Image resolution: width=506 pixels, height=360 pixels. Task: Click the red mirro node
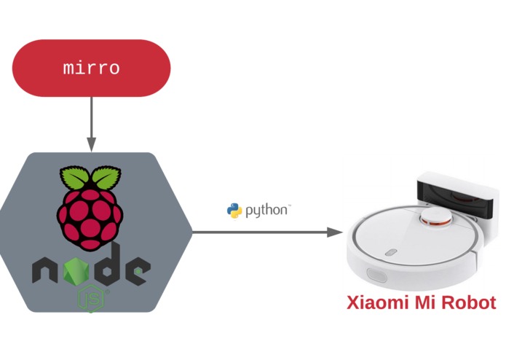[91, 68]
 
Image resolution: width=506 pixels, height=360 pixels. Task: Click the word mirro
[91, 68]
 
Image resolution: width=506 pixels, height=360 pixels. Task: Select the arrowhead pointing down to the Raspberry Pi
[92, 144]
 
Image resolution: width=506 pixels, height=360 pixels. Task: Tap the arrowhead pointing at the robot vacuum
[335, 232]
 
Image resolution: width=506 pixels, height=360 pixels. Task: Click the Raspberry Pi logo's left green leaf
[74, 177]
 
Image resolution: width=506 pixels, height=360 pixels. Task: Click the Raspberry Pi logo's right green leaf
[106, 177]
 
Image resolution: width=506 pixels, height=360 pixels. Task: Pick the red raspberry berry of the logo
[90, 219]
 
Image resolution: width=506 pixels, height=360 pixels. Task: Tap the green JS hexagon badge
[92, 299]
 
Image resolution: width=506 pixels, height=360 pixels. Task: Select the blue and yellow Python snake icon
[234, 211]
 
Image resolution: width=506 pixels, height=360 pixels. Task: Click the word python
[267, 211]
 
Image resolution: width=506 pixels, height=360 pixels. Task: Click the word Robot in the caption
[469, 302]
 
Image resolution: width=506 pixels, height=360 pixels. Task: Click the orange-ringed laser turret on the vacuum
[435, 217]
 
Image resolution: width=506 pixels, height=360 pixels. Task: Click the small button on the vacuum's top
[391, 252]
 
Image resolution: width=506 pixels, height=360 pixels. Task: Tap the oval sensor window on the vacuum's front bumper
[376, 275]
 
